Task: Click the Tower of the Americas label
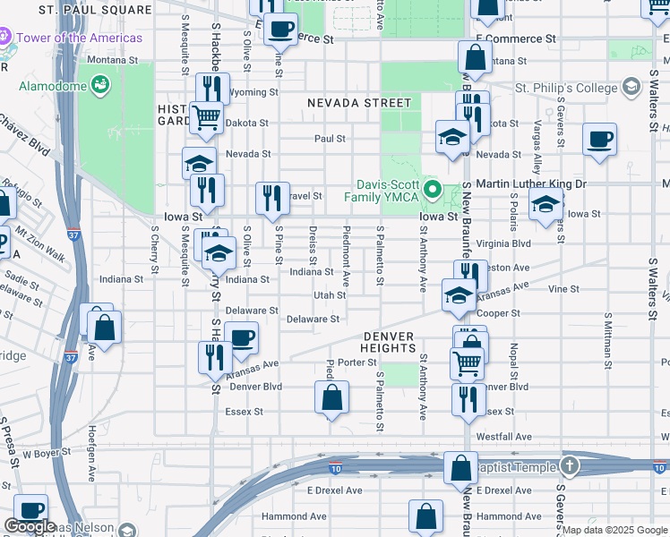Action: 79,38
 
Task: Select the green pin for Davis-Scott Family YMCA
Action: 434,189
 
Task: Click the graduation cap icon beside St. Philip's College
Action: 631,87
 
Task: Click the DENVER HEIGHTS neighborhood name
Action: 389,337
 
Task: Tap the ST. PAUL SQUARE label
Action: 96,10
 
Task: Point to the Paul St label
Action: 330,139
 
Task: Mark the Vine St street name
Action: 563,289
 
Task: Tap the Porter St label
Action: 356,362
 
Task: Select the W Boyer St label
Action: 47,454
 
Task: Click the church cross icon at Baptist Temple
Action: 571,465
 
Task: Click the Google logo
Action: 30,527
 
